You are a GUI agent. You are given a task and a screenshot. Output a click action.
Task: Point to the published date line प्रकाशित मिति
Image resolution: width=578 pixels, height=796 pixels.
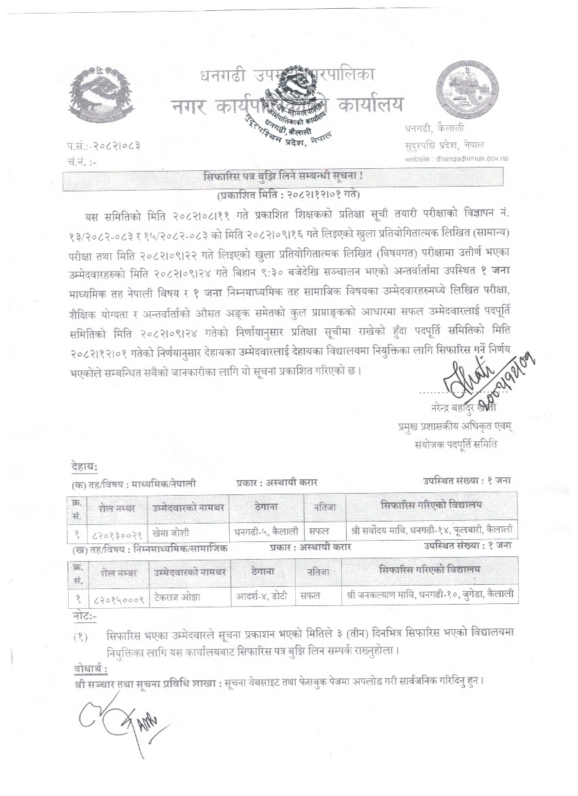pyautogui.click(x=284, y=194)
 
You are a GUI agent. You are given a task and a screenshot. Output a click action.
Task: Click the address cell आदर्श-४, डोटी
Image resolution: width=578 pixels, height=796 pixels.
pyautogui.click(x=263, y=594)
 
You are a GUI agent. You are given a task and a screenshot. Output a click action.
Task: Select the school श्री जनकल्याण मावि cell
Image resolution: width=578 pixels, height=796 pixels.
pyautogui.click(x=430, y=594)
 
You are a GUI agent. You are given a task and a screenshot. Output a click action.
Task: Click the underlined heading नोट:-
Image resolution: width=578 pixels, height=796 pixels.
pyautogui.click(x=84, y=616)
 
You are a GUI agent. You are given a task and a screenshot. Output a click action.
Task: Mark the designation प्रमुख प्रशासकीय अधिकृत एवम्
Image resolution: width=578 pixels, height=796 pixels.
pyautogui.click(x=456, y=427)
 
